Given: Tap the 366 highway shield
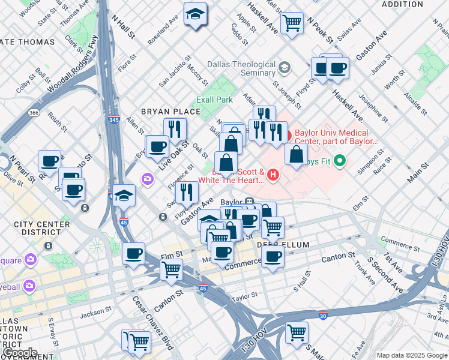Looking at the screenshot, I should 35,112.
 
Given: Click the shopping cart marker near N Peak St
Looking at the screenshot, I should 292,23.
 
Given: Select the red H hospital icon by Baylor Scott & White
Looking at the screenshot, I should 274,175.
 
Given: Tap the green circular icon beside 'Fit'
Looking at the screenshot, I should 339,160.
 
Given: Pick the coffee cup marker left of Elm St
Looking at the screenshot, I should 133,253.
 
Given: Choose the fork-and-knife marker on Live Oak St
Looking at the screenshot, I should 175,128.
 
